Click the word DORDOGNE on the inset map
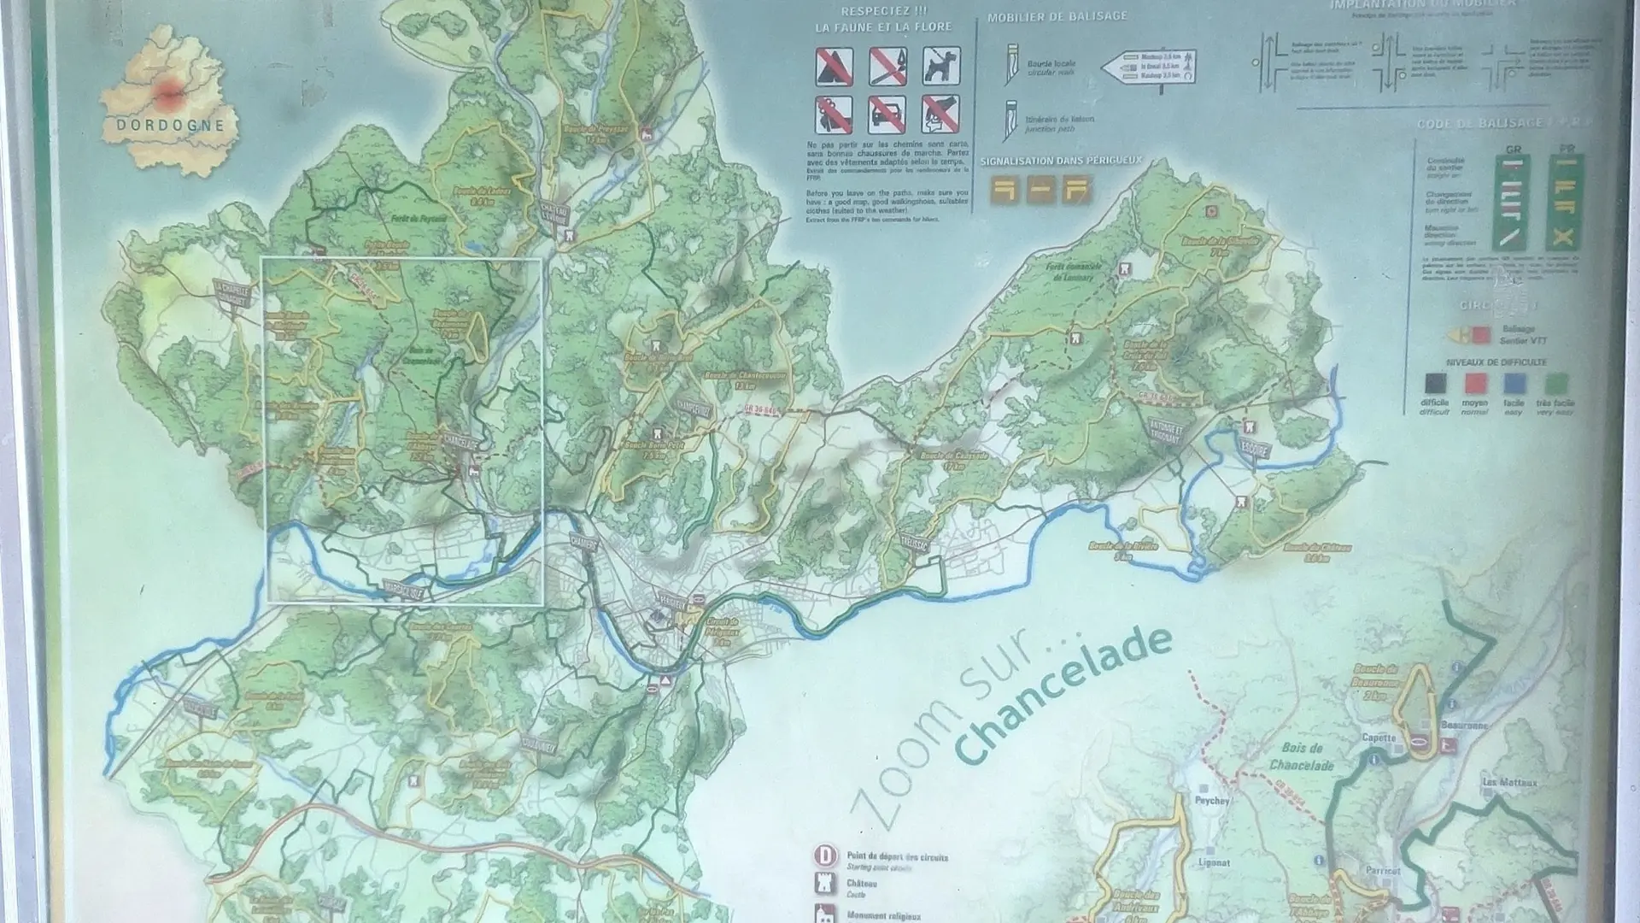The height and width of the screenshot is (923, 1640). click(170, 125)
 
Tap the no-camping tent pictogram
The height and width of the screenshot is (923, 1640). click(833, 67)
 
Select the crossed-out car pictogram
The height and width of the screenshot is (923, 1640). click(887, 114)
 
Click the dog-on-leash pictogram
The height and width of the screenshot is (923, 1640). click(940, 66)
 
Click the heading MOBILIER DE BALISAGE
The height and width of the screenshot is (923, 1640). click(1057, 16)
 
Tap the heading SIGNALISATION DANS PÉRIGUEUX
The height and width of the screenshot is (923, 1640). click(1060, 161)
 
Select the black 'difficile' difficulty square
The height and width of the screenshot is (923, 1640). click(1435, 384)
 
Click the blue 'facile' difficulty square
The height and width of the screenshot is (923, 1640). click(1514, 384)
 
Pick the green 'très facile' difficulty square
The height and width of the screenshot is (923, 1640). click(1556, 384)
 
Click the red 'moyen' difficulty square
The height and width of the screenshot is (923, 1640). click(1475, 384)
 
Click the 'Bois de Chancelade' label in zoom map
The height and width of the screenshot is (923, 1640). click(1301, 755)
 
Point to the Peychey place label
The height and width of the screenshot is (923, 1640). click(1212, 801)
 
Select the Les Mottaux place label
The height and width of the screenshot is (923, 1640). click(1509, 782)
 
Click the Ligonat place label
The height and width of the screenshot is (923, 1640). click(1213, 862)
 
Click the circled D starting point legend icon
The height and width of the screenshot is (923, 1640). click(825, 855)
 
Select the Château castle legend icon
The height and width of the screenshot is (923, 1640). click(825, 885)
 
